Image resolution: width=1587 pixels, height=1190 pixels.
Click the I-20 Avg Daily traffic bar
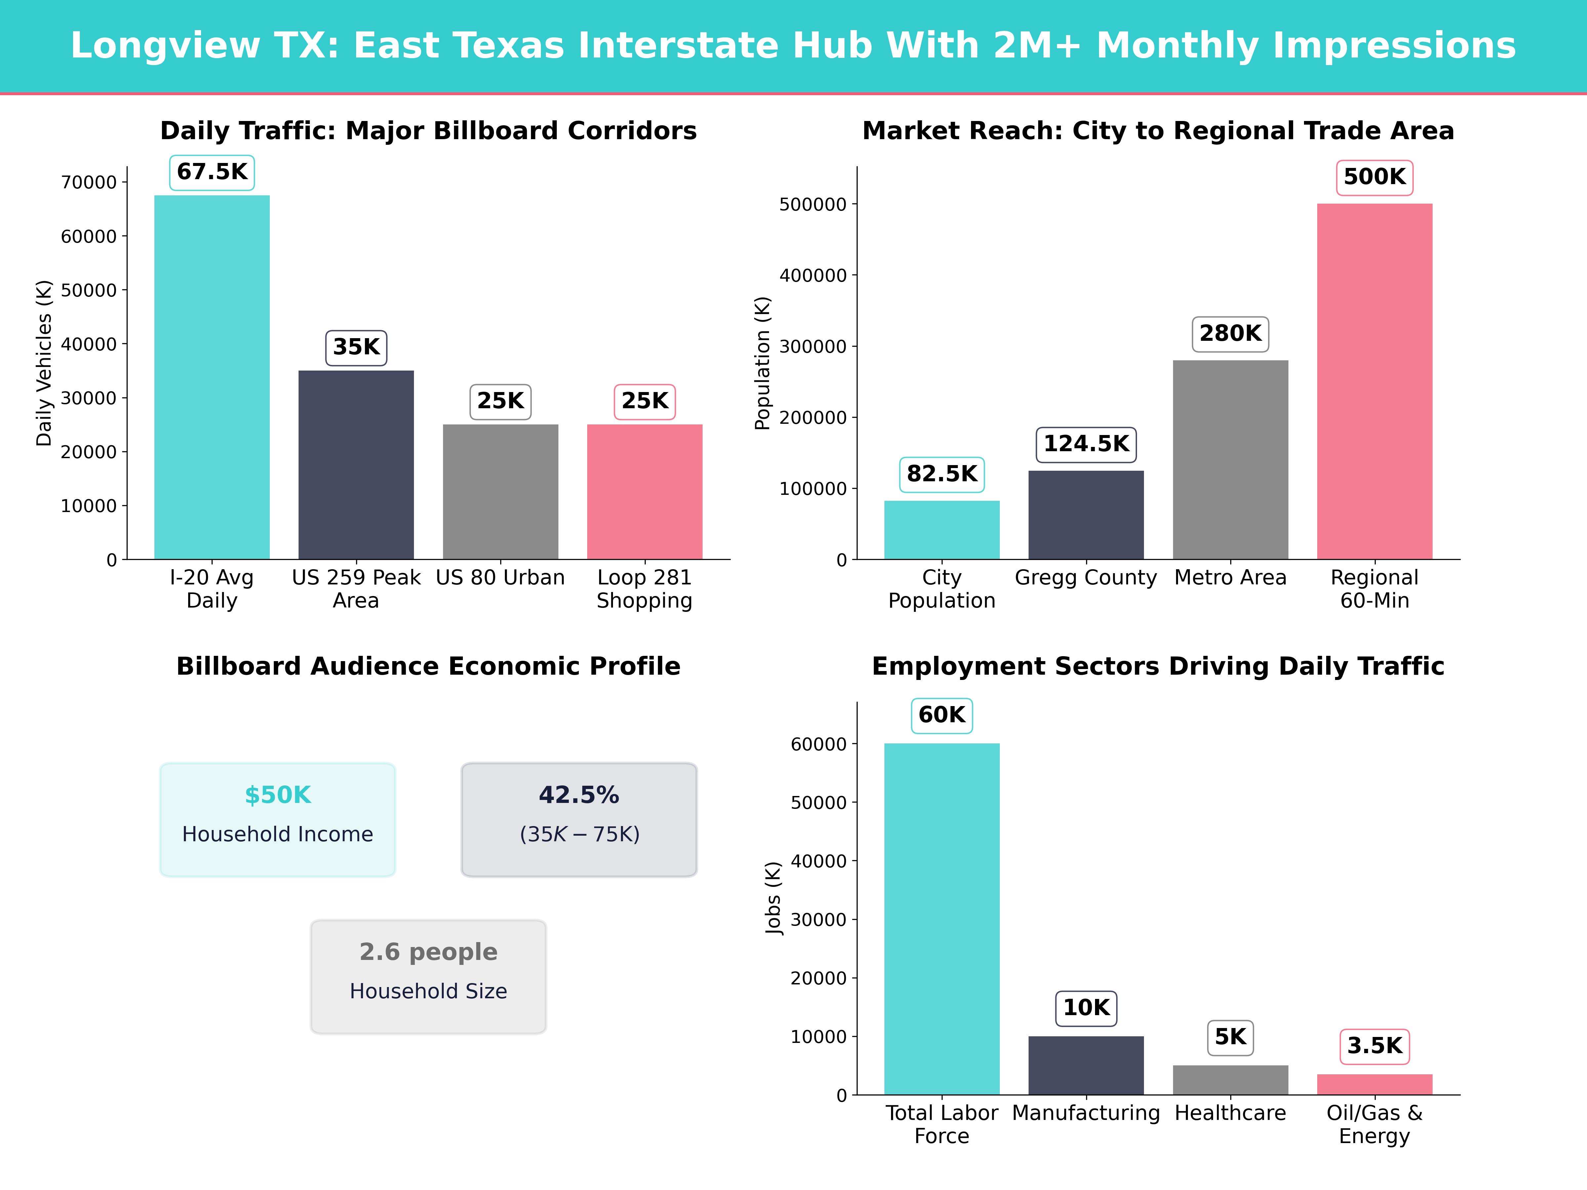pyautogui.click(x=212, y=377)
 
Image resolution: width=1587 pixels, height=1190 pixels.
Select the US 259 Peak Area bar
pyautogui.click(x=356, y=465)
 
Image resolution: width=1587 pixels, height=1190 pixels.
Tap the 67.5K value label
pyautogui.click(x=212, y=172)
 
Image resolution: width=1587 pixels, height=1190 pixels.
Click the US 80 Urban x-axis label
pyautogui.click(x=500, y=577)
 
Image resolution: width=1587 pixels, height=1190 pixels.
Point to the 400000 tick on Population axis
pyautogui.click(x=813, y=275)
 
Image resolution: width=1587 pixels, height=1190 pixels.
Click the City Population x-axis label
pyautogui.click(x=941, y=589)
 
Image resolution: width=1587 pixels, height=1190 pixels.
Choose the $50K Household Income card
pyautogui.click(x=278, y=819)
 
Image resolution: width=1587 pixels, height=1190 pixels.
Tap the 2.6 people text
pyautogui.click(x=428, y=952)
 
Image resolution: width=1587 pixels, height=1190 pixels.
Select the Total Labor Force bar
pyautogui.click(x=941, y=919)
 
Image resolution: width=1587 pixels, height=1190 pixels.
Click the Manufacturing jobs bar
pyautogui.click(x=1085, y=1065)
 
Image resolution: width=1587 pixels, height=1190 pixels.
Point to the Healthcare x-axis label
pyautogui.click(x=1230, y=1113)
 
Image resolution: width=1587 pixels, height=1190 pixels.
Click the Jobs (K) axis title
pyautogui.click(x=773, y=898)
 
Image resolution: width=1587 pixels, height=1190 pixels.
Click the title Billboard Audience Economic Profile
pyautogui.click(x=428, y=666)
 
